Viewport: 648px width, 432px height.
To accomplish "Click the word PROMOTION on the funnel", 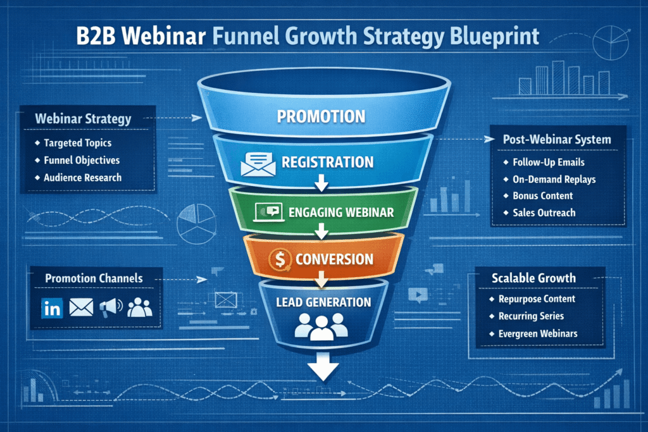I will [x=321, y=116].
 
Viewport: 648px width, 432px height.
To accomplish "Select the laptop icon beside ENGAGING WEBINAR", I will [x=266, y=212].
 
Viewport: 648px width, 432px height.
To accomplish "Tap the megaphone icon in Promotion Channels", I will [x=109, y=307].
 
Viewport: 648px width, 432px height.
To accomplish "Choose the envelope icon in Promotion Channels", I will [x=80, y=308].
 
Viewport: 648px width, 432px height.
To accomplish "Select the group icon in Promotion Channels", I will [x=139, y=307].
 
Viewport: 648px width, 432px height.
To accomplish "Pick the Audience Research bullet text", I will [x=82, y=178].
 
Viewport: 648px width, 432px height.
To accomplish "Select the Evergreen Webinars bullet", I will [x=538, y=333].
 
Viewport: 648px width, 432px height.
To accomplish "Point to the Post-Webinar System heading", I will [x=556, y=139].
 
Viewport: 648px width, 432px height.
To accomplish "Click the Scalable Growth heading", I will [x=533, y=278].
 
